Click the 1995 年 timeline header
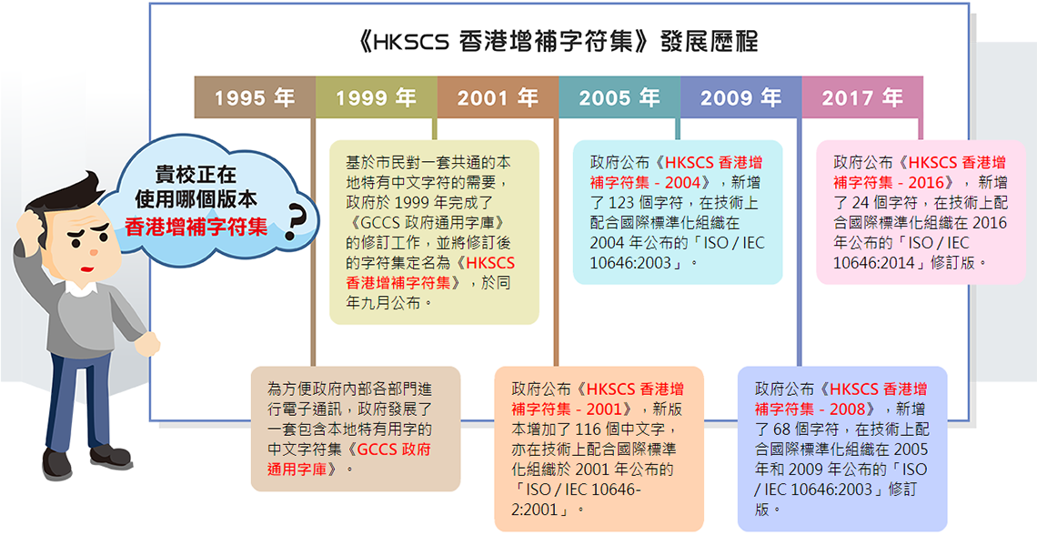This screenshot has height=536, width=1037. (x=255, y=97)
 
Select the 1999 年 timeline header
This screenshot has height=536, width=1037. (x=377, y=97)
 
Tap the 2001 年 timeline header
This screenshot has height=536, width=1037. (x=498, y=97)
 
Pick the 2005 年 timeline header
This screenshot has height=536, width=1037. (x=619, y=97)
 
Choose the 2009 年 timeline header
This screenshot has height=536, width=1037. (x=741, y=97)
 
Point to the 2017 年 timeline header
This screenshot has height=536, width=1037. (x=863, y=97)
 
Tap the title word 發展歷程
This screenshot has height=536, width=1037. (x=710, y=42)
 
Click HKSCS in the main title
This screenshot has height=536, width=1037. (x=413, y=43)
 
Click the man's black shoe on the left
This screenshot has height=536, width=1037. (x=57, y=462)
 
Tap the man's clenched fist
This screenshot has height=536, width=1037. (x=146, y=344)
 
